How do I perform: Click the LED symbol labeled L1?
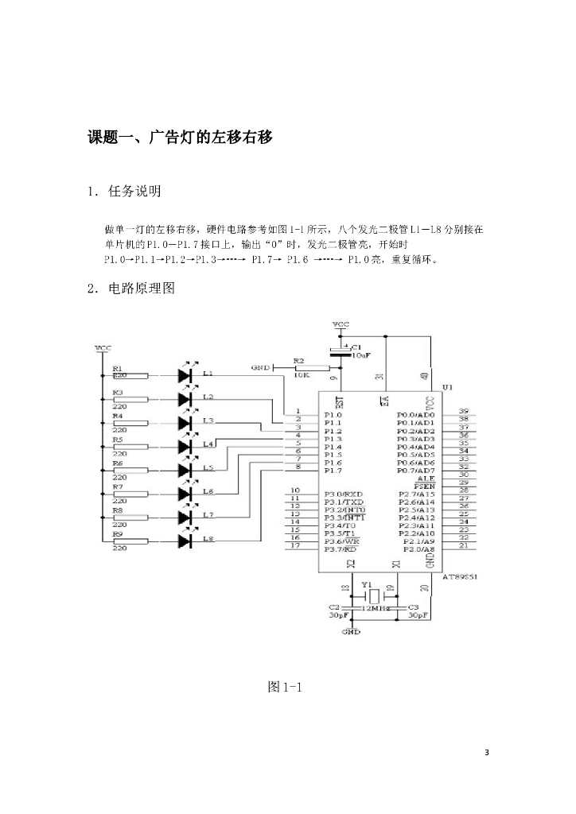click(x=185, y=374)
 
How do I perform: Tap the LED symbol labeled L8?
click(x=185, y=541)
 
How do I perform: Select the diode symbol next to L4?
click(x=185, y=446)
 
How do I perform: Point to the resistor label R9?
click(x=117, y=535)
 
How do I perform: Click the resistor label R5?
click(x=117, y=439)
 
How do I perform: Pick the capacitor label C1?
click(x=356, y=347)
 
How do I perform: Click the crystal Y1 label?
click(x=366, y=583)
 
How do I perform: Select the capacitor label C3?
click(x=414, y=607)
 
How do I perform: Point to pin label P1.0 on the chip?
click(x=333, y=415)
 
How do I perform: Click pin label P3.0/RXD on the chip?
click(x=344, y=494)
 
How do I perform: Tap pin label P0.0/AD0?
click(x=415, y=415)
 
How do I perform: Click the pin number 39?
click(x=463, y=411)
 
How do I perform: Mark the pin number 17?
click(x=294, y=545)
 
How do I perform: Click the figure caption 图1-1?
click(x=287, y=687)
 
